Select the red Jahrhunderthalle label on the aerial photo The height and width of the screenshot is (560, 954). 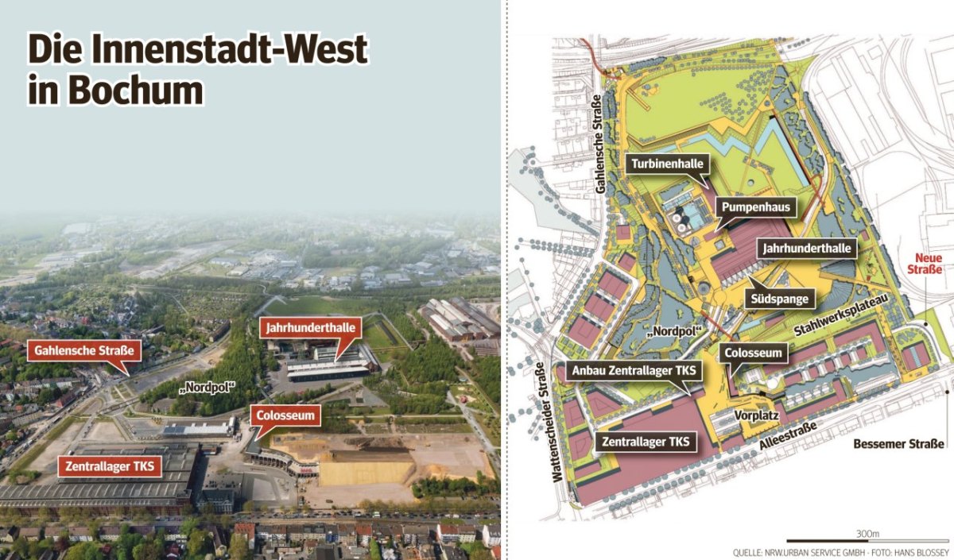pos(311,327)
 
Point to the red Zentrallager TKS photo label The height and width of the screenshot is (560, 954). pos(110,466)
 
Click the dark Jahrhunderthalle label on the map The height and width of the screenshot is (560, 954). pos(807,249)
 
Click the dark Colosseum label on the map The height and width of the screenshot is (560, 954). pos(754,353)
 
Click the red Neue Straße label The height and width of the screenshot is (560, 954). pos(929,264)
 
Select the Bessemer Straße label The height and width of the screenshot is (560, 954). pos(898,444)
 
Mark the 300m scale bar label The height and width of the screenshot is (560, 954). pos(868,534)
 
